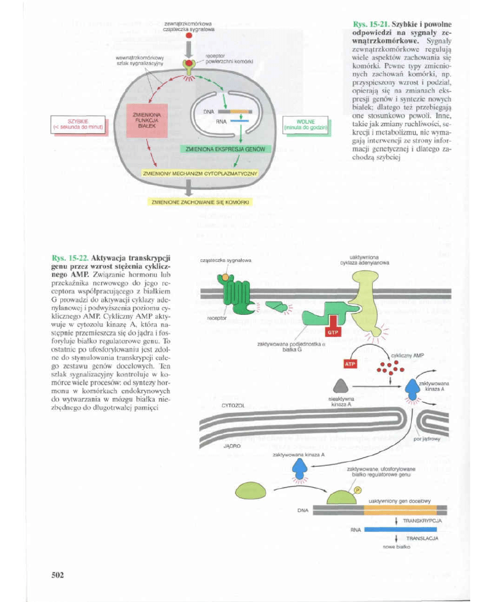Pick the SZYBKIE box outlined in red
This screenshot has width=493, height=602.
(78, 125)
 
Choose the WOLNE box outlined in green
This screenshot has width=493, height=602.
(305, 124)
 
